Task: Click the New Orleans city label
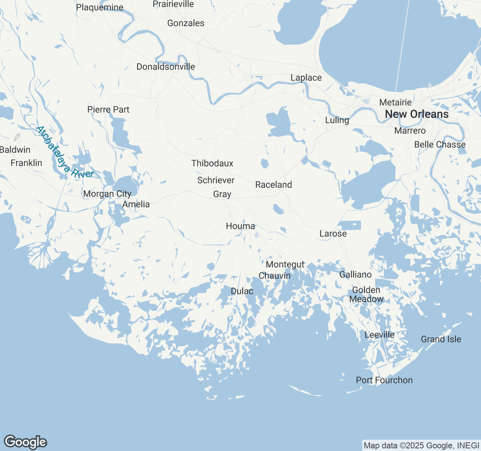pyautogui.click(x=417, y=114)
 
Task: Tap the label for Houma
pyautogui.click(x=240, y=226)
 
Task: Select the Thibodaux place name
pyautogui.click(x=212, y=163)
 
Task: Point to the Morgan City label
pyautogui.click(x=107, y=194)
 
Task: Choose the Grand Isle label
pyautogui.click(x=441, y=339)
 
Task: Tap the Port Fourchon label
pyautogui.click(x=384, y=380)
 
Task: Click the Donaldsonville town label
pyautogui.click(x=166, y=67)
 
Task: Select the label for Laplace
pyautogui.click(x=306, y=78)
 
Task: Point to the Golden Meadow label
pyautogui.click(x=366, y=295)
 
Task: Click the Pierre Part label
pyautogui.click(x=108, y=109)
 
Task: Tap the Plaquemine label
pyautogui.click(x=100, y=7)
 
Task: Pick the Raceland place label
pyautogui.click(x=274, y=185)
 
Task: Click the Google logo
pyautogui.click(x=25, y=442)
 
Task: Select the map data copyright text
pyautogui.click(x=421, y=446)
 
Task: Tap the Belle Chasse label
pyautogui.click(x=440, y=145)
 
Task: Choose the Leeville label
pyautogui.click(x=380, y=335)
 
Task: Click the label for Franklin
pyautogui.click(x=26, y=163)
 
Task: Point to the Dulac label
pyautogui.click(x=242, y=291)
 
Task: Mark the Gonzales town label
pyautogui.click(x=186, y=23)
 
